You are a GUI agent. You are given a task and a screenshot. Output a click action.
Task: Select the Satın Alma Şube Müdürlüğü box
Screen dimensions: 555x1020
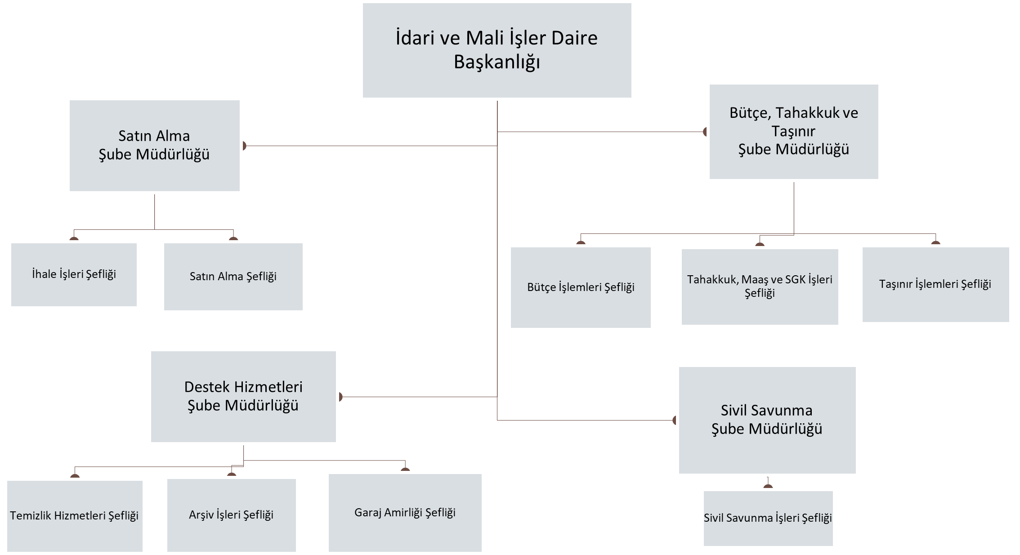[154, 145]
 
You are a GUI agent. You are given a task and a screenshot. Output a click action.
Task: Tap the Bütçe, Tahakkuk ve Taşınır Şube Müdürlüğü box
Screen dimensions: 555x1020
[793, 131]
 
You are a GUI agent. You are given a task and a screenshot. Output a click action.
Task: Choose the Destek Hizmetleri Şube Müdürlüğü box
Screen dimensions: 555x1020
[243, 396]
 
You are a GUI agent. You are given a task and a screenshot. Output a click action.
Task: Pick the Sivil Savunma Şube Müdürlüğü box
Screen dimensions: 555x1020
[767, 420]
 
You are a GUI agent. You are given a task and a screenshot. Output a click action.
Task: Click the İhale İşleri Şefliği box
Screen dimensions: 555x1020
[74, 274]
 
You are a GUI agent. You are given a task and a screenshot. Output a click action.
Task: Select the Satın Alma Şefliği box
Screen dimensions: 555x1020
[233, 277]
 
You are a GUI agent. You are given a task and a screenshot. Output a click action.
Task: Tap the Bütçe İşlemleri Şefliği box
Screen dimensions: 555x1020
[581, 287]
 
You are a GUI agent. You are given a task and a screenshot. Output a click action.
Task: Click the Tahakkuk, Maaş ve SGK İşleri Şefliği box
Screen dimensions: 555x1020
[760, 286]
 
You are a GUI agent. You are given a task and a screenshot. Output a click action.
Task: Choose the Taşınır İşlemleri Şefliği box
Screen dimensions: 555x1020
[935, 284]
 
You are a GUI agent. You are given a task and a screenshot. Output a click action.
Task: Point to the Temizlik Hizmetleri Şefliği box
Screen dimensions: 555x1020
[75, 515]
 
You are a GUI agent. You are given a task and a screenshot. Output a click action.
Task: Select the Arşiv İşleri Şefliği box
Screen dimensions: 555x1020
[231, 515]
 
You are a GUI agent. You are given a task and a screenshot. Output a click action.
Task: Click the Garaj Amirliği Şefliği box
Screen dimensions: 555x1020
[405, 512]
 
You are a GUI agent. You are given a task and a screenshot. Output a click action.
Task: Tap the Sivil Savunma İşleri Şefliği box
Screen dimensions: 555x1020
[768, 518]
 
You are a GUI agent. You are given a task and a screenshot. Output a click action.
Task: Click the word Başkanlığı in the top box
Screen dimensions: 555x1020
[497, 62]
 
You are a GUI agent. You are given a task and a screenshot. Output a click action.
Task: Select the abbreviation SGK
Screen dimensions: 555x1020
[795, 280]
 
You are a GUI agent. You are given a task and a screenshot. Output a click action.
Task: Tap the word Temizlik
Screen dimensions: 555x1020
[31, 515]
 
